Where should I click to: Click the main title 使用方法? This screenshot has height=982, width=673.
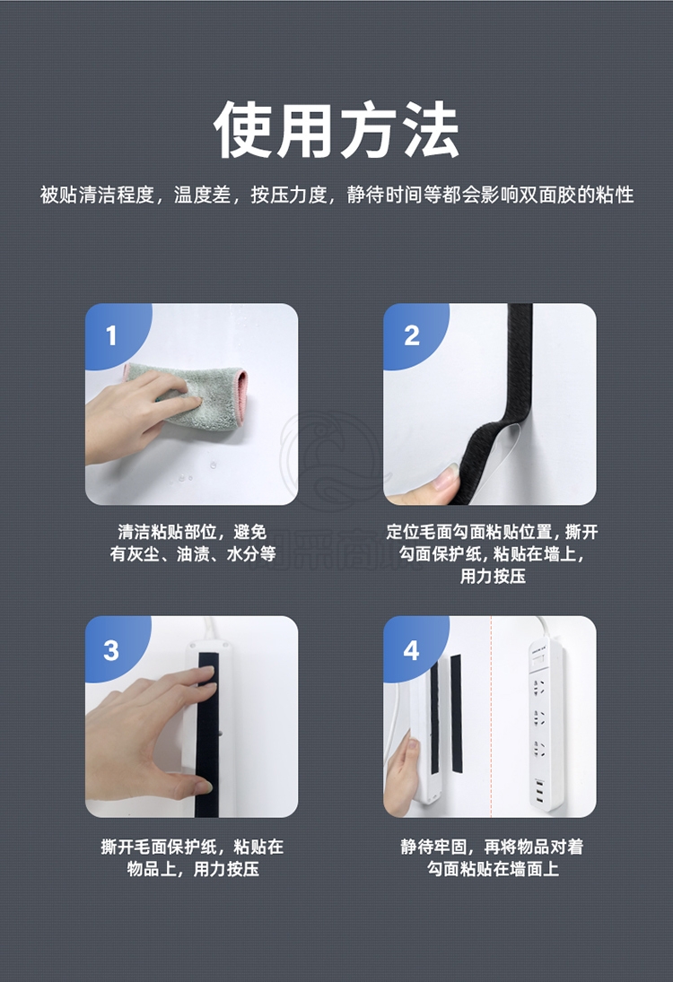point(336,130)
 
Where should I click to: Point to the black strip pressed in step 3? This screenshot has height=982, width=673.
point(206,733)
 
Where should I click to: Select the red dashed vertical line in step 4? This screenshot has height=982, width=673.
point(491,717)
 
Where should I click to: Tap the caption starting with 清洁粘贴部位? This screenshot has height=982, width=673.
point(192,543)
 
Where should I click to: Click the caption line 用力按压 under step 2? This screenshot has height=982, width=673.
point(493,576)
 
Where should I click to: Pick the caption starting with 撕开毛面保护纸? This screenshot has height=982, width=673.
point(192,857)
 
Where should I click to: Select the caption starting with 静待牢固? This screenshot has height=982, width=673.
point(493,857)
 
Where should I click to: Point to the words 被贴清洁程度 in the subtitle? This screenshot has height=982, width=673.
point(97,195)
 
